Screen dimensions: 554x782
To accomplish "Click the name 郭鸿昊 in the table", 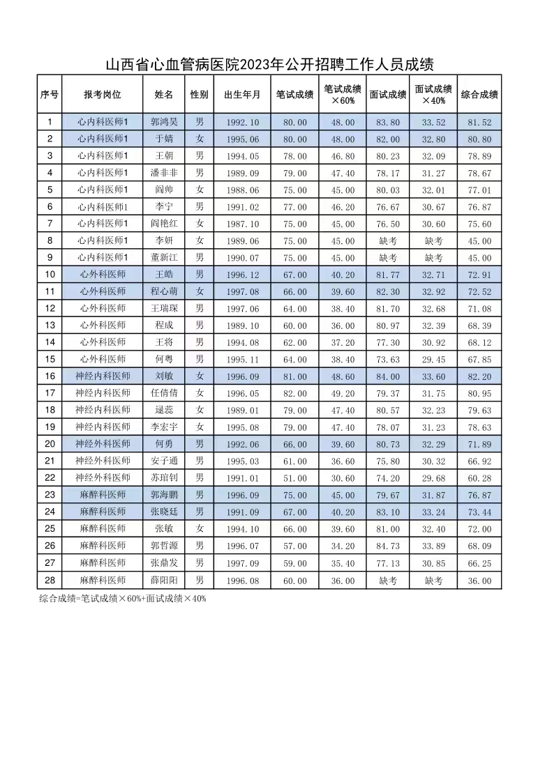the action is click(164, 122).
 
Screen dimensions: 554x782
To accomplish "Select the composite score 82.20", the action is click(479, 376).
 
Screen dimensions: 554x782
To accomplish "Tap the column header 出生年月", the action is click(242, 94).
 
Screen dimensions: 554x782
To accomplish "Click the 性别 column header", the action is click(200, 94).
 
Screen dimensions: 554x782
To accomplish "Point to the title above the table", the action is click(269, 66).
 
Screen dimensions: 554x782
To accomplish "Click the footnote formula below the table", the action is click(123, 598).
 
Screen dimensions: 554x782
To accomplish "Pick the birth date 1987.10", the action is click(242, 224).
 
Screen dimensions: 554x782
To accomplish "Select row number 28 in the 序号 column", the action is click(50, 580).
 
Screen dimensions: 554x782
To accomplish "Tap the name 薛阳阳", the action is click(164, 580).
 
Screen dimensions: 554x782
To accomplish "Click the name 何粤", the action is click(164, 359).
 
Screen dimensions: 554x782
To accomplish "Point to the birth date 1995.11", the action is click(242, 359).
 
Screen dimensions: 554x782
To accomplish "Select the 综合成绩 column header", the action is click(479, 94).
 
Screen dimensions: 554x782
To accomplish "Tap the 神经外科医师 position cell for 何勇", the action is click(103, 444).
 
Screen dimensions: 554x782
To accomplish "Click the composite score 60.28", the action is click(479, 478).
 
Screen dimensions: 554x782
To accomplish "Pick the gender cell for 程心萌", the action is click(200, 291).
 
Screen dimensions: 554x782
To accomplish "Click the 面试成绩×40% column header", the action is click(433, 94).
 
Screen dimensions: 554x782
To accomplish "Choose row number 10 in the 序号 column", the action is click(50, 275).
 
